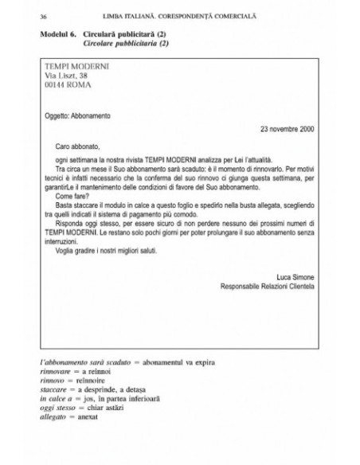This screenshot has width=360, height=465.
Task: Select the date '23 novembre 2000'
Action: tap(288, 129)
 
